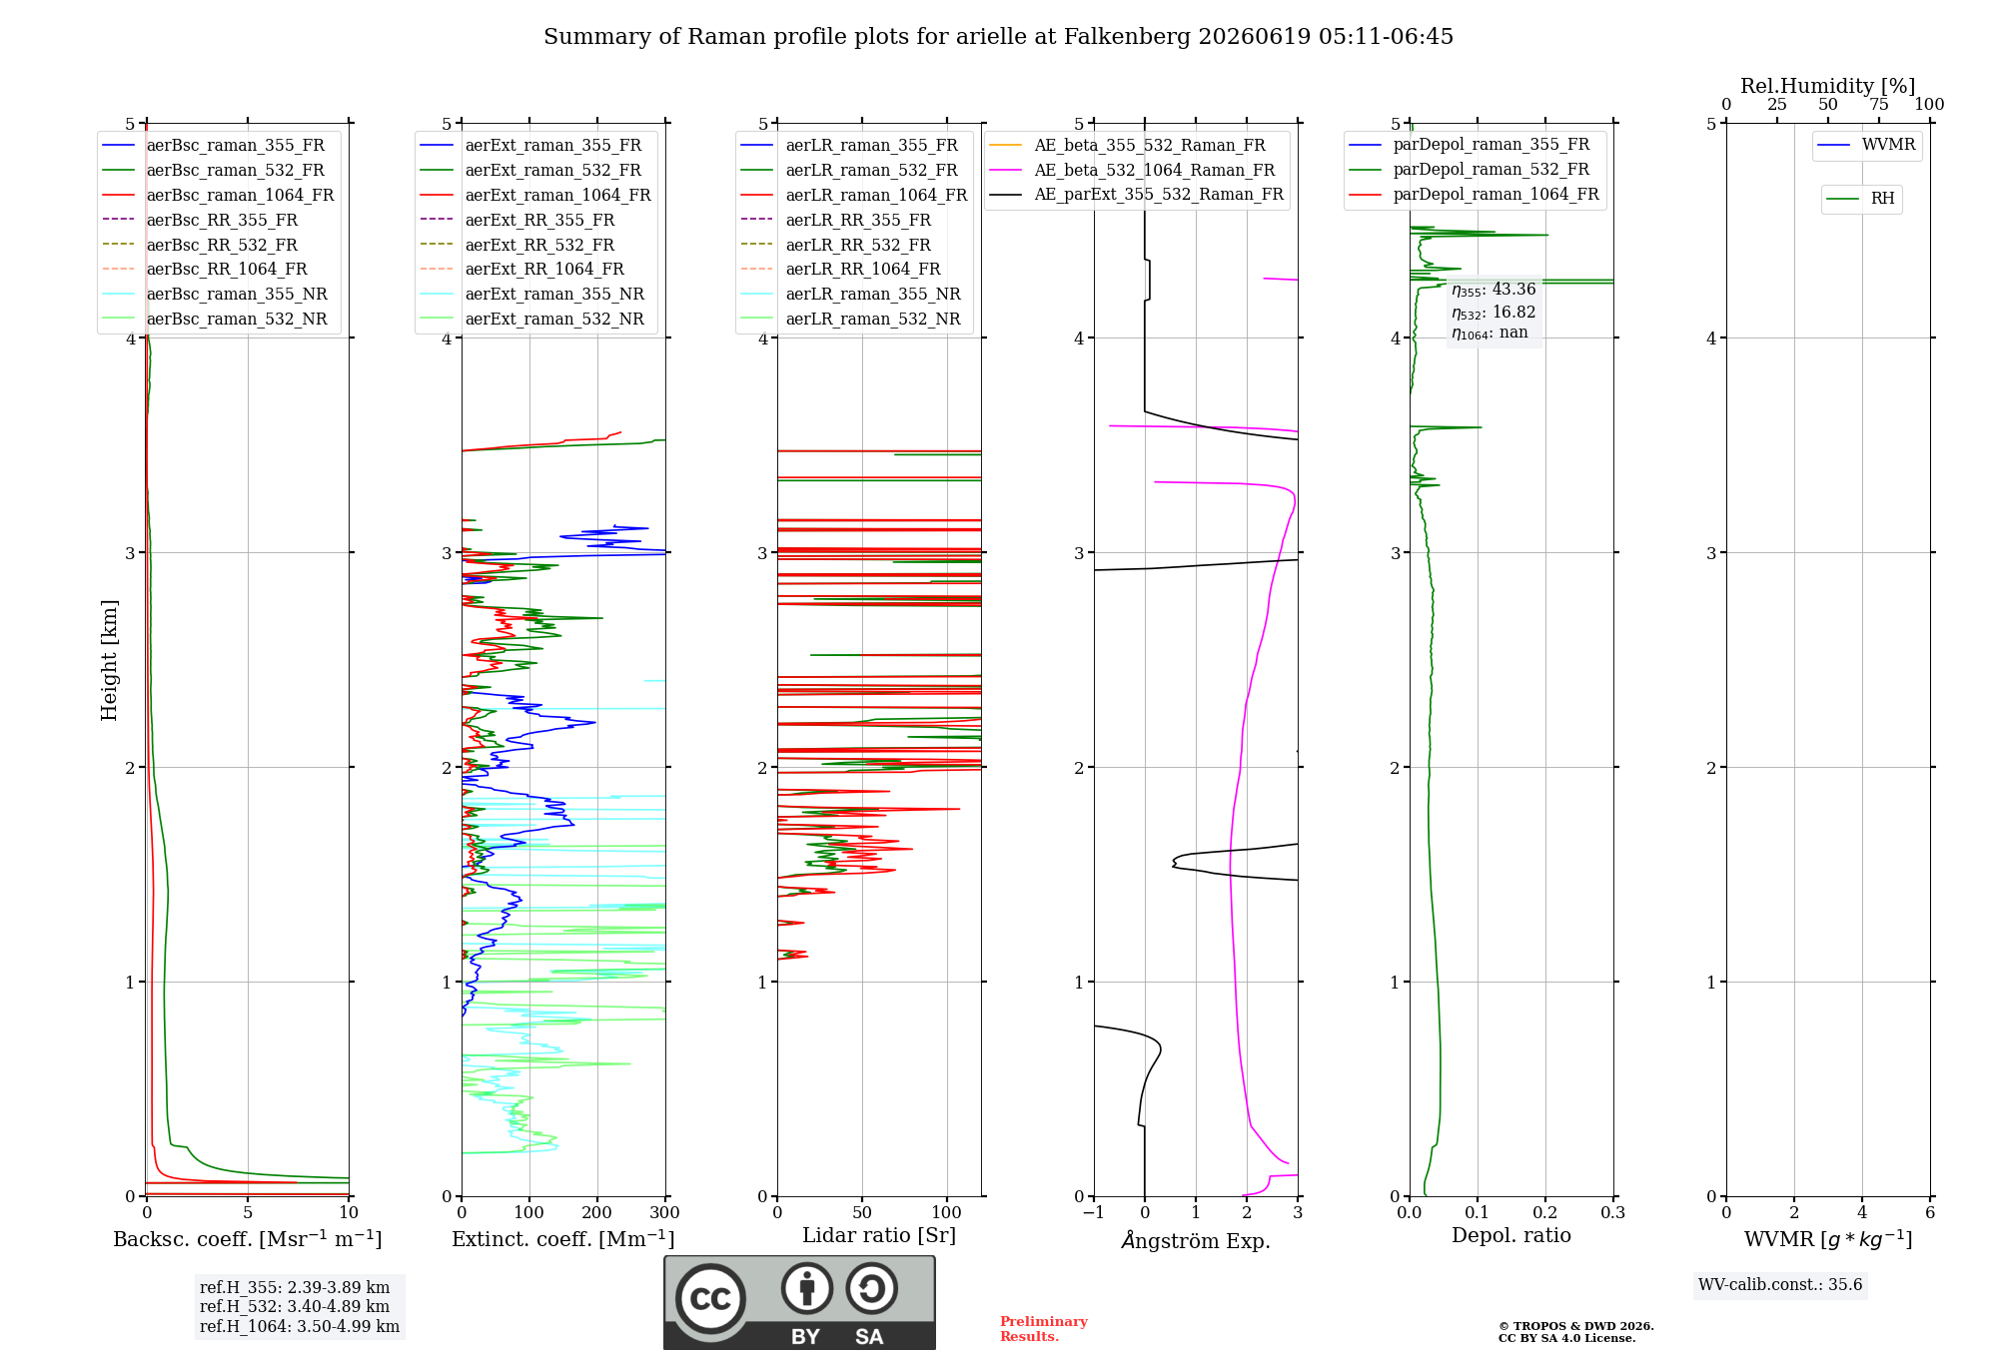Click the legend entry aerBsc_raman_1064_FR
pos(218,195)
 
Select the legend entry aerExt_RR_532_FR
pos(517,245)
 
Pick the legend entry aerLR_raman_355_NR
pos(850,294)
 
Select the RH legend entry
pos(1860,199)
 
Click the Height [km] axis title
pos(109,660)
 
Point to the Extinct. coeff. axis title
pos(563,1239)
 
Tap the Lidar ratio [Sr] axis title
pos(879,1235)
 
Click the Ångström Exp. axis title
pos(1196,1240)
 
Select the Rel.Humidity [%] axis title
pos(1828,86)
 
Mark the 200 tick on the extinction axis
pos(597,1212)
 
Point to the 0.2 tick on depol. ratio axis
pos(1545,1212)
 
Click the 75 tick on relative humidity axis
pos(1878,105)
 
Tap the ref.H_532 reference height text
pos(295,1306)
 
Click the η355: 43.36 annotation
pos(1494,290)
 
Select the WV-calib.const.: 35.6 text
pos(1780,1284)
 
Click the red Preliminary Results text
pos(1044,1329)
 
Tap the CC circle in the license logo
pos(710,1299)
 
